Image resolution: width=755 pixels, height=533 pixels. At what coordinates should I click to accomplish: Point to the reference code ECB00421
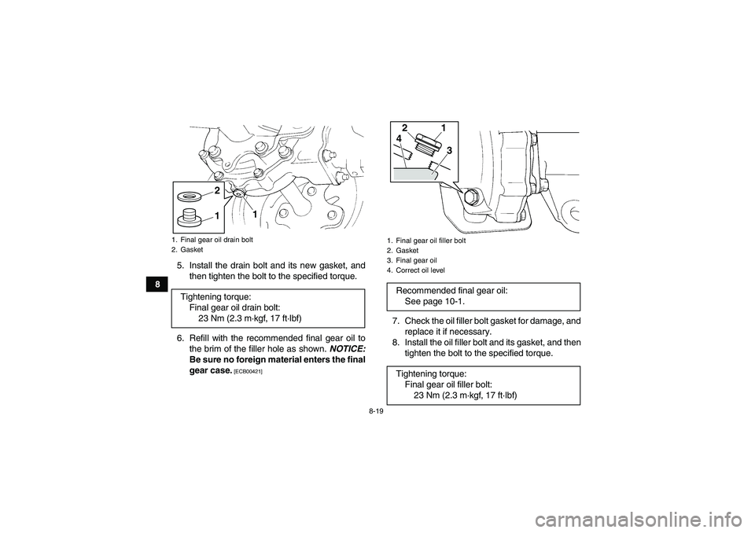[245, 370]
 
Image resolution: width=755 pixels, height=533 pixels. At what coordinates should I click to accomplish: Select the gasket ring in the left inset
[189, 195]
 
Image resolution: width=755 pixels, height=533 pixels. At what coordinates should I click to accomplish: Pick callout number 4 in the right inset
[400, 139]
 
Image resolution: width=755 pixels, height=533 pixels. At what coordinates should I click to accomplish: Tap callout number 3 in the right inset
[449, 149]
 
